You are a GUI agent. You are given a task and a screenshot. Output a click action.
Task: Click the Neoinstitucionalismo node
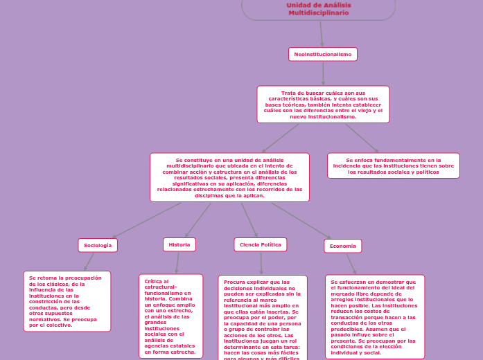click(322, 54)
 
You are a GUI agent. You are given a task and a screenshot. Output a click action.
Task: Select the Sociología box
click(98, 245)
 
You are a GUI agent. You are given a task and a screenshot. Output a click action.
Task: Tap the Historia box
click(179, 244)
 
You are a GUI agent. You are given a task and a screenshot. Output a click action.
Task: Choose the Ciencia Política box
click(261, 244)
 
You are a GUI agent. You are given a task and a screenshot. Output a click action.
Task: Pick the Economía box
click(343, 246)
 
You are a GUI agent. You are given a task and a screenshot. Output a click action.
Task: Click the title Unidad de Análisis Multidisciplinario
click(319, 9)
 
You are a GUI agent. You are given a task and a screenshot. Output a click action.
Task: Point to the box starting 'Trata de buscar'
click(323, 105)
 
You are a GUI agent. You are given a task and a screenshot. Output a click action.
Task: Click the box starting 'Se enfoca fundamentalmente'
click(393, 165)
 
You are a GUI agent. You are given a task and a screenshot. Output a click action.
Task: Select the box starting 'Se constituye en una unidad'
click(229, 177)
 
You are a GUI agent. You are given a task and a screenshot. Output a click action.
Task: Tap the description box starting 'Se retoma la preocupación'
click(67, 301)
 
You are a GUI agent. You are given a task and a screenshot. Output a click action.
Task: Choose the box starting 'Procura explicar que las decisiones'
click(261, 318)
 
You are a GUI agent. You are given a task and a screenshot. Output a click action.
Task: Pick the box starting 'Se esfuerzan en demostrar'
click(374, 316)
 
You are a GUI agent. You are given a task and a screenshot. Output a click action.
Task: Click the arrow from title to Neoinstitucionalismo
click(322, 34)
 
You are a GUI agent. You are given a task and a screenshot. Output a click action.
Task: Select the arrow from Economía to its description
click(352, 264)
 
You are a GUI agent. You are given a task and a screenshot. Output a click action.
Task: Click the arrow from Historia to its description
click(177, 262)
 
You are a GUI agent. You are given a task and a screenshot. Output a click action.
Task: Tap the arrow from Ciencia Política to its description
click(261, 263)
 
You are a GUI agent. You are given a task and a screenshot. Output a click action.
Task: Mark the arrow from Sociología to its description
click(89, 261)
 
